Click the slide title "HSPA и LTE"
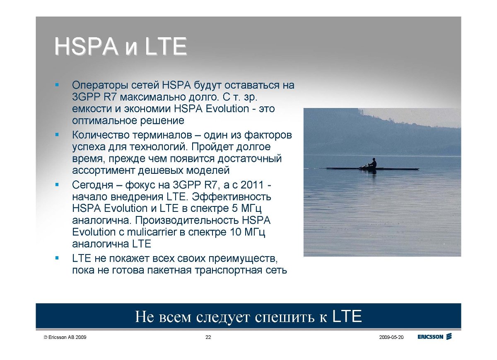coord(121,46)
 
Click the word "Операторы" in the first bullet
coord(100,86)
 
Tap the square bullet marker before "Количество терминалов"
coord(57,134)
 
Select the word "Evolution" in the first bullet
coord(227,108)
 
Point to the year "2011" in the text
coord(252,185)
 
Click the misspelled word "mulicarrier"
coord(152,232)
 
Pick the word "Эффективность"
coord(232,197)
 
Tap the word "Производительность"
coord(187,220)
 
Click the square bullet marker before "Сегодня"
coord(57,185)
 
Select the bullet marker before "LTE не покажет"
coord(57,258)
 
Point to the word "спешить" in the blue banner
coord(285,317)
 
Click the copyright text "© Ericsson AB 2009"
coord(65,337)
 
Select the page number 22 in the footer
coord(208,337)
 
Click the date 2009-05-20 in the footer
coord(391,337)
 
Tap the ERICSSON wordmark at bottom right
coord(430,337)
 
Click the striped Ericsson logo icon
coord(449,336)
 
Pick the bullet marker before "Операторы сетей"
coord(57,84)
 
